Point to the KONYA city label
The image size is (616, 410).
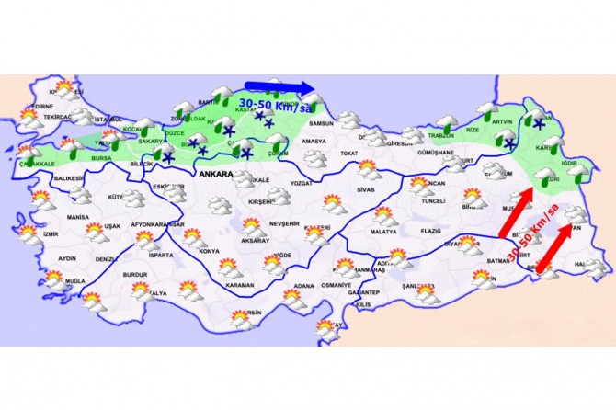[210, 251]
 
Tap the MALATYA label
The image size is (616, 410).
[382, 233]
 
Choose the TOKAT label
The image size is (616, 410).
[348, 153]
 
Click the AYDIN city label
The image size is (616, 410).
[66, 259]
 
